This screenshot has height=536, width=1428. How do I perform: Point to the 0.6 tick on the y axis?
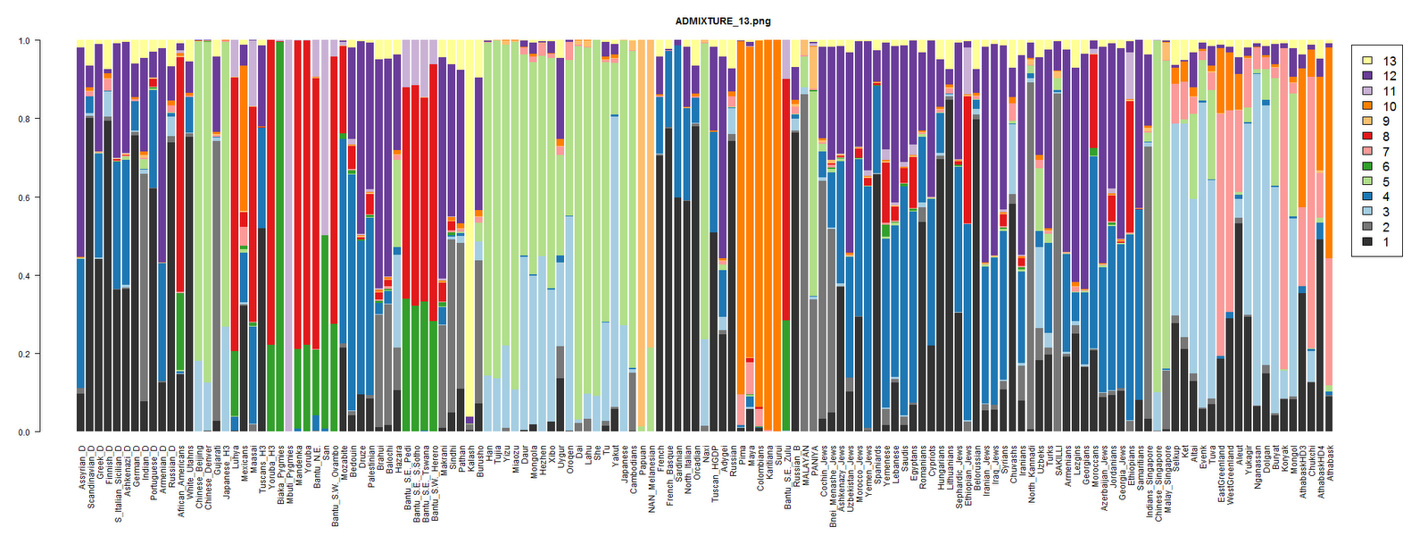tap(24, 197)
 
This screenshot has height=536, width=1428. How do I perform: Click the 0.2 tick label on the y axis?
tap(24, 354)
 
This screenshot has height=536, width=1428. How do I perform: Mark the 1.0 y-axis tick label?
tap(24, 41)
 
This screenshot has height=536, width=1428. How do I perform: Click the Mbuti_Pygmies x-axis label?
tap(290, 470)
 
